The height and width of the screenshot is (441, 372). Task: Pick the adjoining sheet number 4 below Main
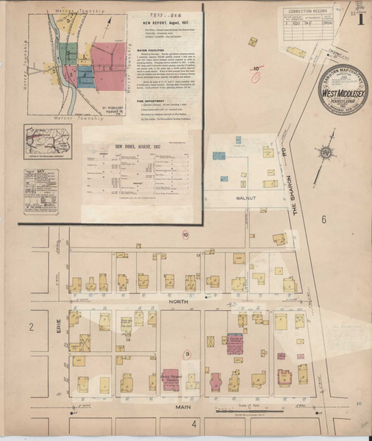[195, 424]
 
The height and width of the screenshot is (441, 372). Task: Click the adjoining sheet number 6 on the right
[323, 220]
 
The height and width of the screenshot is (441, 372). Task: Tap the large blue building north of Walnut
[218, 156]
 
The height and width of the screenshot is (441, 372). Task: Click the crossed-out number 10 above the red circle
[256, 68]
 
